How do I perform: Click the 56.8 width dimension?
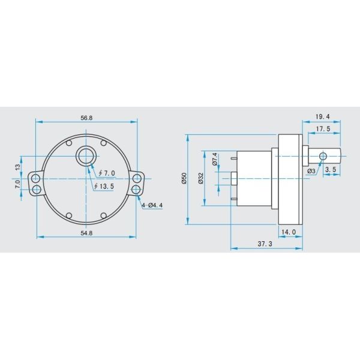86,118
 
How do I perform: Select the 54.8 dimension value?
86,233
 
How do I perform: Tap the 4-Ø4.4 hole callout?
152,205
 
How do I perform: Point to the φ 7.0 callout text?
107,173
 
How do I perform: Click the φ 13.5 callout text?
104,187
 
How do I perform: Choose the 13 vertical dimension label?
17,167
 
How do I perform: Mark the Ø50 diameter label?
184,178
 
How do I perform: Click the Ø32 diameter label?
200,178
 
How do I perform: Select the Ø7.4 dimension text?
215,159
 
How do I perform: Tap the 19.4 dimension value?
323,116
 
